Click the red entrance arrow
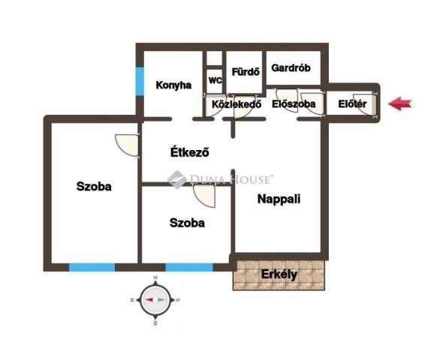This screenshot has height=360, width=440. click(399, 103)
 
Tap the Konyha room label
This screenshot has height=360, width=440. click(173, 85)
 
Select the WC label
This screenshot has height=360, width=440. click(215, 80)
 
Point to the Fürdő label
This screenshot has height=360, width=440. click(246, 72)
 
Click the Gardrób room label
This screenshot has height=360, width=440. click(291, 67)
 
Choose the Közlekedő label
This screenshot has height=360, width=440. click(237, 104)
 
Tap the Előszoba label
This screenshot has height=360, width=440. click(294, 104)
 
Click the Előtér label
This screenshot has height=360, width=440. click(352, 104)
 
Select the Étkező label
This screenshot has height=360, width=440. click(190, 152)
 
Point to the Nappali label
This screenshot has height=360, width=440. click(279, 199)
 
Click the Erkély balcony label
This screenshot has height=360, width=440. click(279, 274)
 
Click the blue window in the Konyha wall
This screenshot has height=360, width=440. click(140, 81)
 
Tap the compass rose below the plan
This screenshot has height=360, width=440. click(155, 300)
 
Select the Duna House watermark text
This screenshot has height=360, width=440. click(220, 179)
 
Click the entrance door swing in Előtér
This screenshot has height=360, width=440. click(365, 104)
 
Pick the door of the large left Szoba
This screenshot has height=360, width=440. click(128, 145)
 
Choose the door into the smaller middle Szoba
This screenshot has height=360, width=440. click(204, 196)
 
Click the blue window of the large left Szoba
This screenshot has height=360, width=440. click(92, 267)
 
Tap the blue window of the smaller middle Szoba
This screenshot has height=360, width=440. click(189, 267)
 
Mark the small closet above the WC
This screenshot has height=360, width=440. click(215, 58)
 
